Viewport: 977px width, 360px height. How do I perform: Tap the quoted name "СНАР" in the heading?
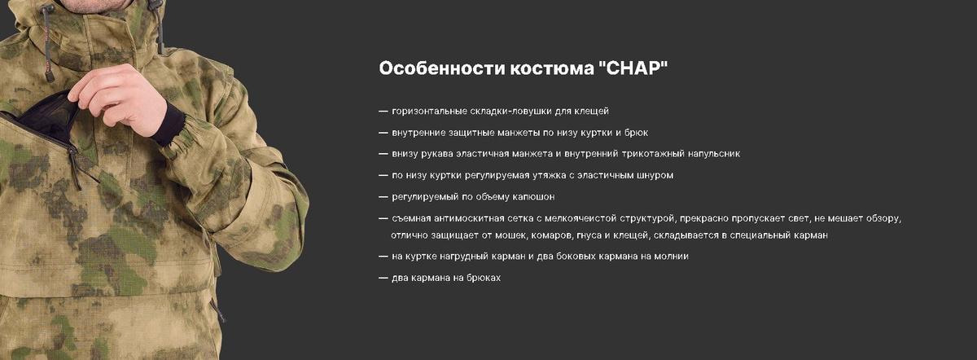coord(633,68)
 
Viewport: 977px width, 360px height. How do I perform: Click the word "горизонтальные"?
coord(429,112)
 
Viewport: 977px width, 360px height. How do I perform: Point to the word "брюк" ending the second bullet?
coord(636,133)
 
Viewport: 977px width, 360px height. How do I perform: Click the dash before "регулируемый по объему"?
coord(383,197)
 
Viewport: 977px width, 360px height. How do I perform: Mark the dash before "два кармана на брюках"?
coord(383,278)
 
